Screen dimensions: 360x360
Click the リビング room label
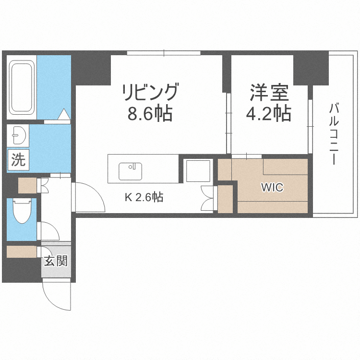(x=151, y=92)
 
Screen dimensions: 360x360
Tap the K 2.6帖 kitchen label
(x=144, y=197)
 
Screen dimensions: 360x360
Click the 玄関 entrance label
(x=56, y=261)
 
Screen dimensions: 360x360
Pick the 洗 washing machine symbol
(x=18, y=159)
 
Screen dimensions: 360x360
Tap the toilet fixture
(x=21, y=212)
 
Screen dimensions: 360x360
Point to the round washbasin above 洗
(x=18, y=135)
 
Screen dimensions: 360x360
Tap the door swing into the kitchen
(x=89, y=197)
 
